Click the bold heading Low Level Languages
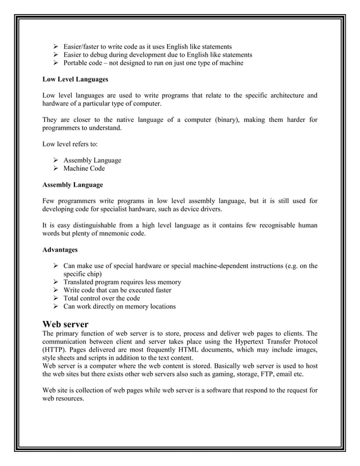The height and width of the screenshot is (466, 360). click(72, 80)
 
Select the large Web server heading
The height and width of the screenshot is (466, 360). click(65, 324)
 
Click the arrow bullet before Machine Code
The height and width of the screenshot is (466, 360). click(56, 168)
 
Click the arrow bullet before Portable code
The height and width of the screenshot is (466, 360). click(56, 63)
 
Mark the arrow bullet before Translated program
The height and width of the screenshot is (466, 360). click(56, 282)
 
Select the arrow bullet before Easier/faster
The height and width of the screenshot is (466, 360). click(56, 46)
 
